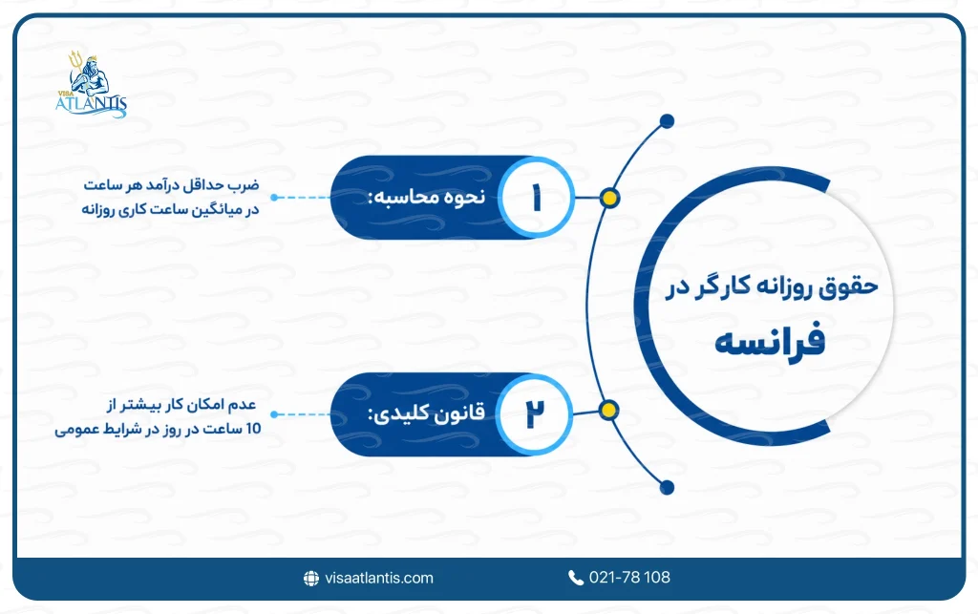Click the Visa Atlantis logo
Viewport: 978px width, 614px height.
pyautogui.click(x=91, y=84)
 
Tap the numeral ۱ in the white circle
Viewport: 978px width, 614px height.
pyautogui.click(x=536, y=199)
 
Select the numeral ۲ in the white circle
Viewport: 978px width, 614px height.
pyautogui.click(x=535, y=413)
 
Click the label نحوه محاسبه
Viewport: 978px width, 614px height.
pyautogui.click(x=427, y=197)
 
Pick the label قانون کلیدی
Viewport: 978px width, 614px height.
pyautogui.click(x=427, y=413)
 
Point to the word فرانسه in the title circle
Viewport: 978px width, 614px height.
pyautogui.click(x=770, y=340)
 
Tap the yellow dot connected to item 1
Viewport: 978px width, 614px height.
pyautogui.click(x=609, y=199)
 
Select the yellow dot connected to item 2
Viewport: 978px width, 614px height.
pyautogui.click(x=608, y=411)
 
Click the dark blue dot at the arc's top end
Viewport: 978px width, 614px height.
pyautogui.click(x=667, y=121)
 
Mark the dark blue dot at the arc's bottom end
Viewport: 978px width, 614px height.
pyautogui.click(x=667, y=487)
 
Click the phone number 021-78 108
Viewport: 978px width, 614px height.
pyautogui.click(x=629, y=577)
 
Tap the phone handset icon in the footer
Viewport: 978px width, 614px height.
pyautogui.click(x=576, y=578)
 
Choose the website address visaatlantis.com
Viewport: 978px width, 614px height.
pyautogui.click(x=379, y=578)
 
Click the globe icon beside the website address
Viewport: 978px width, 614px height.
pyautogui.click(x=311, y=579)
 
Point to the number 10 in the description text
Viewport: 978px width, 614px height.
pyautogui.click(x=253, y=429)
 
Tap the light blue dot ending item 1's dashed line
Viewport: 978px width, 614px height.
pyautogui.click(x=274, y=198)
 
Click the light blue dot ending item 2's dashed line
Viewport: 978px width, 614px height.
pyautogui.click(x=274, y=413)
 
